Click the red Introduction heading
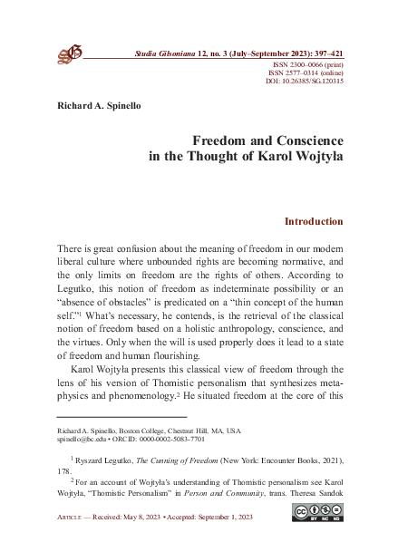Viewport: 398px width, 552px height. pyautogui.click(x=314, y=220)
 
